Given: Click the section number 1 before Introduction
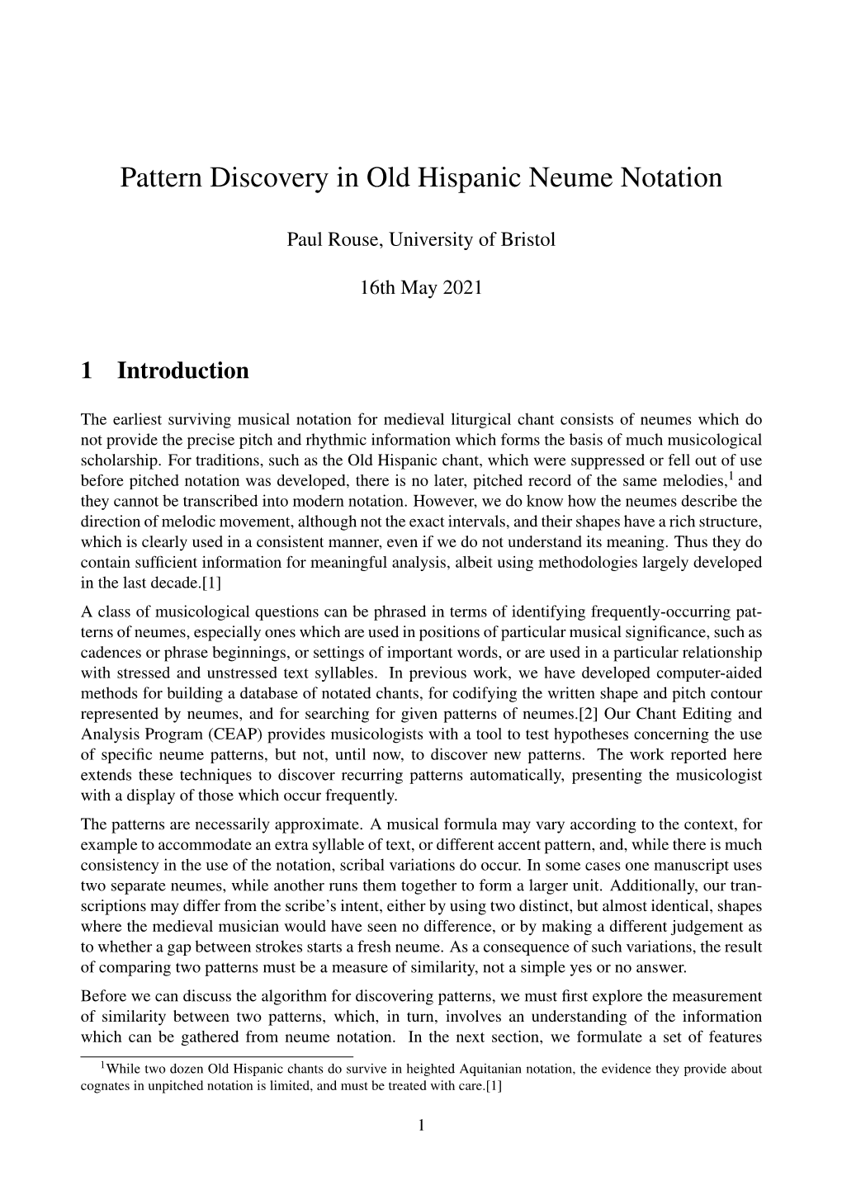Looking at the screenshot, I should tap(87, 371).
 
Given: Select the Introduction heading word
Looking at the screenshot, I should tap(182, 371).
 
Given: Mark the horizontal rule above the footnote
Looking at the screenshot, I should tap(216, 1055).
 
